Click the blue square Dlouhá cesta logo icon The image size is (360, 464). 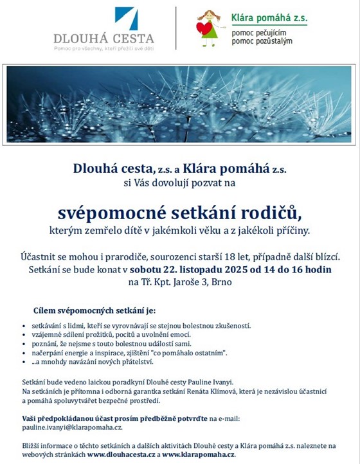click(127, 19)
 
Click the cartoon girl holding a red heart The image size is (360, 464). click(208, 26)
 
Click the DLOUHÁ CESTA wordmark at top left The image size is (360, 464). click(113, 39)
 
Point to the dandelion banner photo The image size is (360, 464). click(179, 103)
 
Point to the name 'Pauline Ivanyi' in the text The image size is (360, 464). click(210, 381)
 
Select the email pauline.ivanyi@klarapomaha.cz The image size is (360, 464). click(72, 427)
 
